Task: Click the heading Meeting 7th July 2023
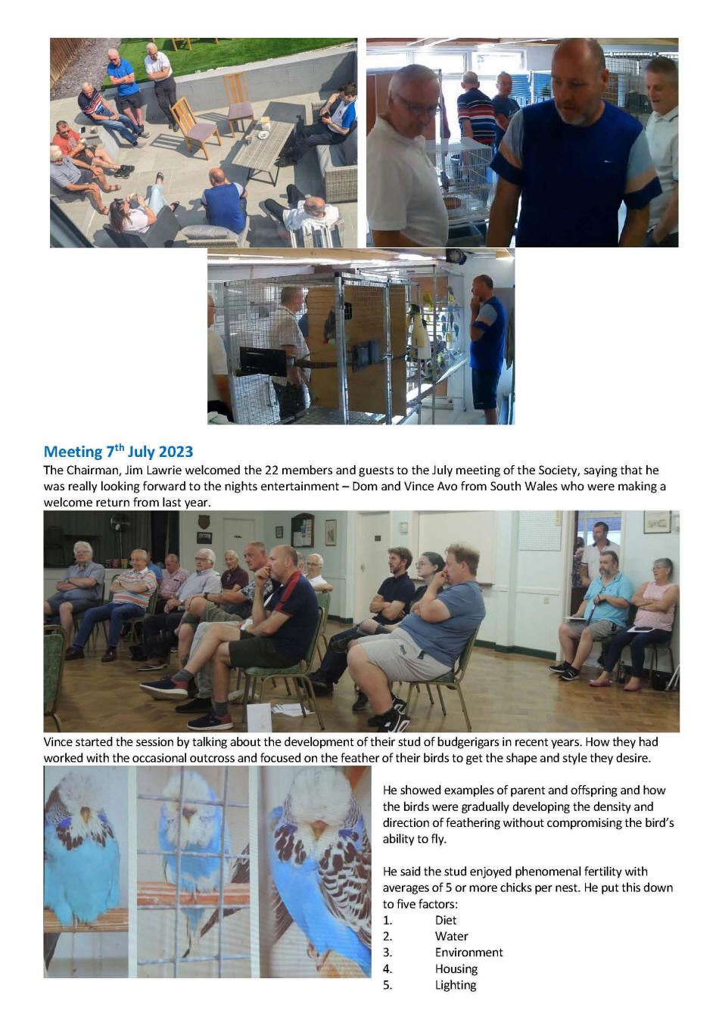point(118,452)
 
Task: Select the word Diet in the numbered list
point(446,920)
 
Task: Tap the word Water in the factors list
point(451,936)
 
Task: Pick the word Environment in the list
point(468,952)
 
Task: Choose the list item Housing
point(456,969)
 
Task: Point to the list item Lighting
point(456,985)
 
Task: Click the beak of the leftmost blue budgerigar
point(86,814)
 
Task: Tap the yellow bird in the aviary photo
point(427,300)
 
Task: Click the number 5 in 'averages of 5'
point(450,888)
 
